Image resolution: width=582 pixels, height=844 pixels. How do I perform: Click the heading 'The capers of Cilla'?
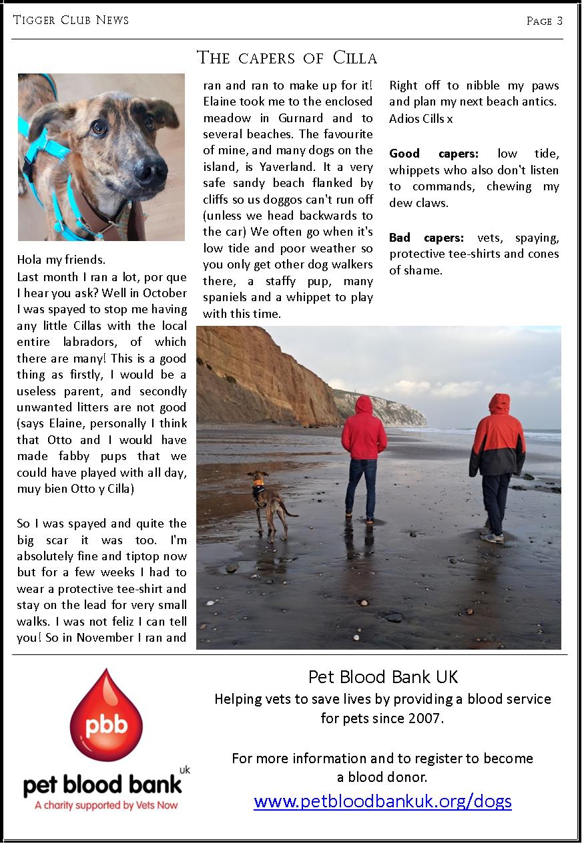pyautogui.click(x=287, y=58)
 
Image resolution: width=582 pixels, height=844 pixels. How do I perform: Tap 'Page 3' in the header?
pyautogui.click(x=544, y=21)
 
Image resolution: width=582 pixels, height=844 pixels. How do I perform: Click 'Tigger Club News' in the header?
pyautogui.click(x=71, y=20)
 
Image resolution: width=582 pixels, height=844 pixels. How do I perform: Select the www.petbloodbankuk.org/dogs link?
pyautogui.click(x=382, y=801)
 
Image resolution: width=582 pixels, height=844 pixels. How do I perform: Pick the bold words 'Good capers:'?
pyautogui.click(x=434, y=154)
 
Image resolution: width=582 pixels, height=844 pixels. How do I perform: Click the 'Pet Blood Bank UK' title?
pyautogui.click(x=383, y=677)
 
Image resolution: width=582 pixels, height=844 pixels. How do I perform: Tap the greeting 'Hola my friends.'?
pyautogui.click(x=61, y=260)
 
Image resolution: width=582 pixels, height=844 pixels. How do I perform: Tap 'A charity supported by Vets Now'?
pyautogui.click(x=106, y=805)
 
